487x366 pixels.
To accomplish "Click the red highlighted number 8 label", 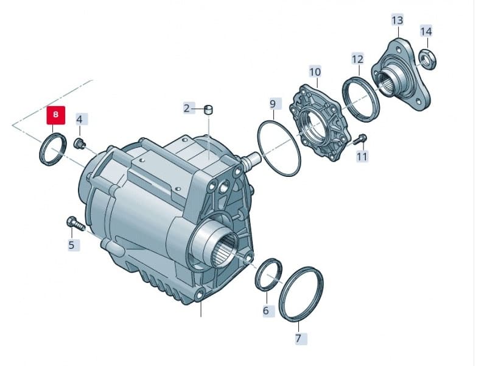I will pyautogui.click(x=57, y=115).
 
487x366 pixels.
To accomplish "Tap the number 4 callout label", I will pyautogui.click(x=79, y=118).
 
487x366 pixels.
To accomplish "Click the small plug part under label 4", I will pyautogui.click(x=78, y=144).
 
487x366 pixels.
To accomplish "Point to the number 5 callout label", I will pyautogui.click(x=71, y=245).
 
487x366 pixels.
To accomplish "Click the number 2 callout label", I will pyautogui.click(x=187, y=109).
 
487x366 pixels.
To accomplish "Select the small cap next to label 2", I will pyautogui.click(x=208, y=109).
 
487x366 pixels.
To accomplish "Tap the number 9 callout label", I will pyautogui.click(x=273, y=104).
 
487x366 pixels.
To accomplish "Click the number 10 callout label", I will pyautogui.click(x=315, y=72).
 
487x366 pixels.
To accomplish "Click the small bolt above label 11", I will pyautogui.click(x=360, y=139).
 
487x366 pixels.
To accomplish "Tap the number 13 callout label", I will pyautogui.click(x=397, y=20).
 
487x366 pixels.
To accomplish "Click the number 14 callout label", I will pyautogui.click(x=426, y=31).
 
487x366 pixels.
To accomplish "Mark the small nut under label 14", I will pyautogui.click(x=428, y=59).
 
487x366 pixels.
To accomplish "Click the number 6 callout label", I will pyautogui.click(x=265, y=311).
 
